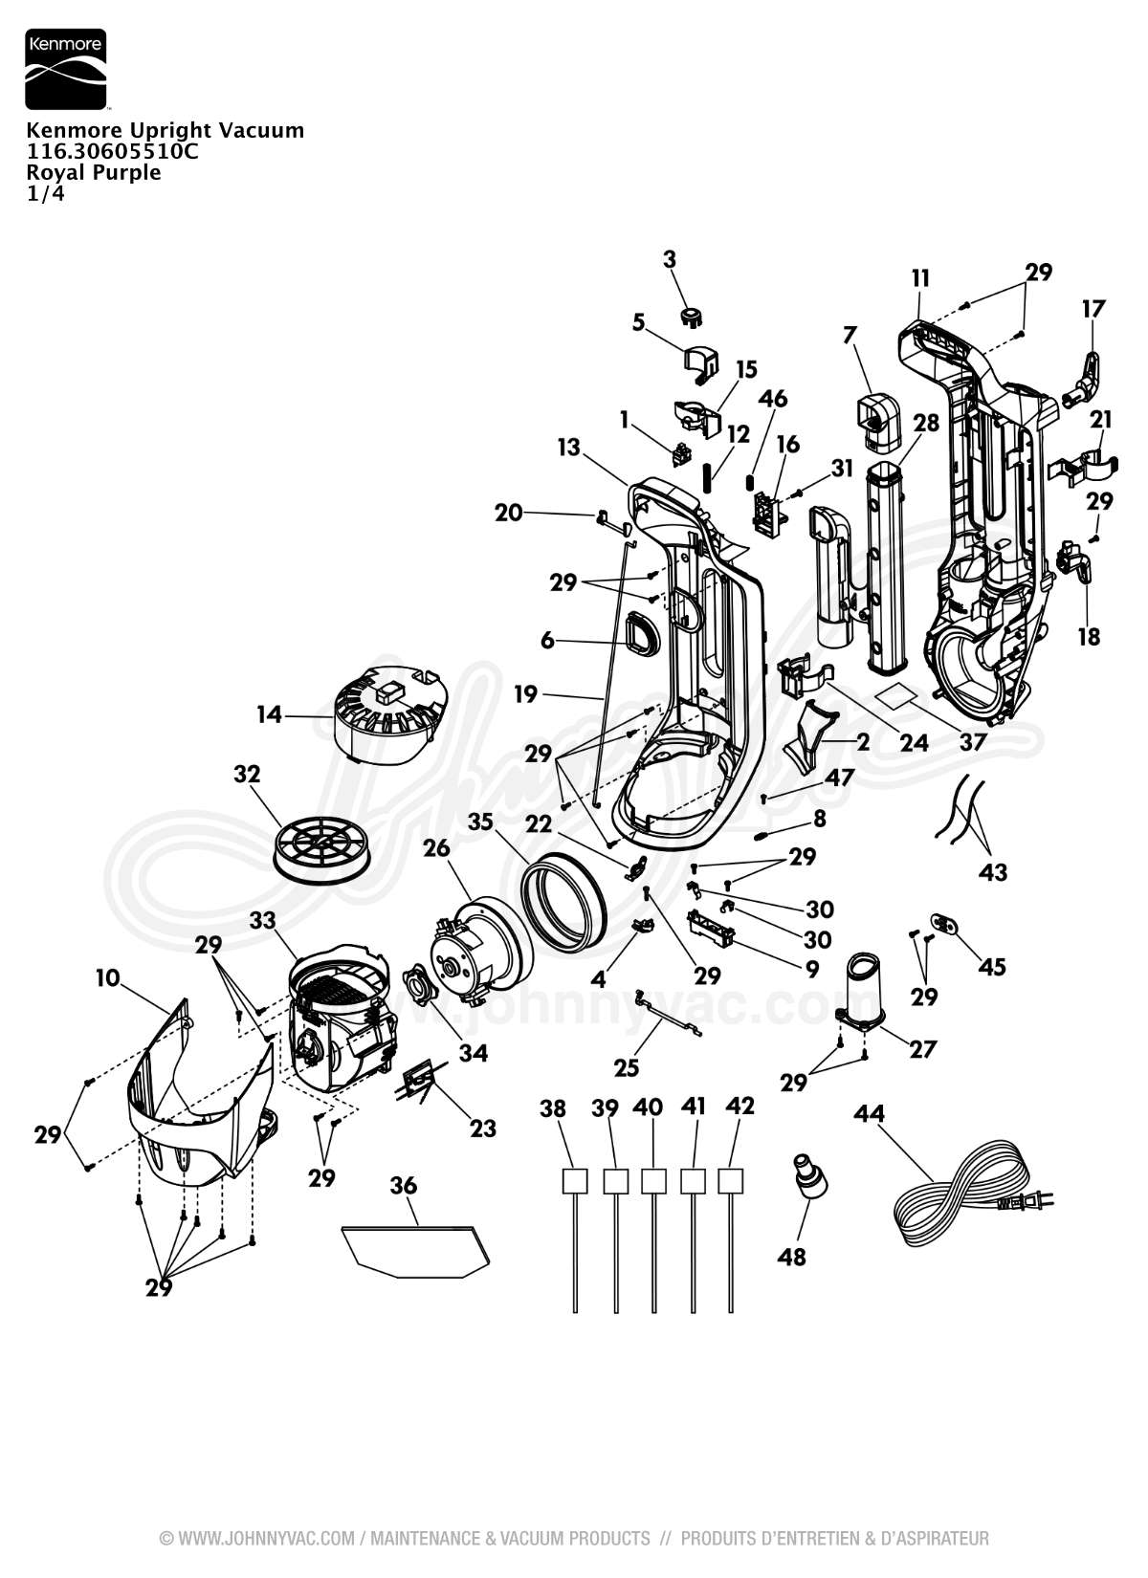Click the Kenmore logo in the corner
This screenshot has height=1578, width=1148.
tap(65, 70)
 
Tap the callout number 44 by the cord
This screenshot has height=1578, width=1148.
tap(870, 1114)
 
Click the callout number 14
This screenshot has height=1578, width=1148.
tap(270, 713)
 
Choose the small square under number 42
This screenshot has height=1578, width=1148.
tap(731, 1180)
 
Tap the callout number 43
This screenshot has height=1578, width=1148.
tap(993, 872)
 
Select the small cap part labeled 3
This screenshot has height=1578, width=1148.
tap(690, 315)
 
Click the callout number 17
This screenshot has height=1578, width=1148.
tap(1093, 309)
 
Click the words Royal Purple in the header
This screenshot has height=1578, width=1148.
tap(93, 172)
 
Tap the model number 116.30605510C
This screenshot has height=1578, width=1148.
tap(112, 151)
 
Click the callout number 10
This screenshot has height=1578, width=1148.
tap(108, 977)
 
